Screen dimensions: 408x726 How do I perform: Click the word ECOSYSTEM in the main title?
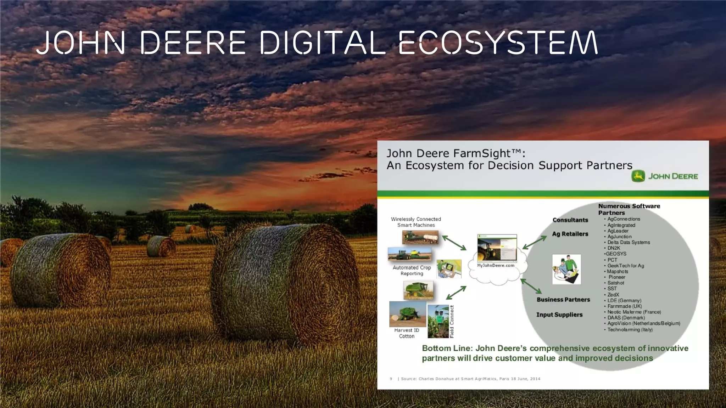[x=498, y=43]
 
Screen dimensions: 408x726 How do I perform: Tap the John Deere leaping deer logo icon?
[x=638, y=176]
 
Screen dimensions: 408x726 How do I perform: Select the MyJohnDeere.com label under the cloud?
[x=495, y=266]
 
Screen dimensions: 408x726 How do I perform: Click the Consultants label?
[x=570, y=220]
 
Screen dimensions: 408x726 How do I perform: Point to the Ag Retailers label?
[x=570, y=234]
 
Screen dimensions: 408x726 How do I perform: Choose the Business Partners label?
[x=563, y=300]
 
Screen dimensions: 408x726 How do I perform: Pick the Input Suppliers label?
[x=559, y=314]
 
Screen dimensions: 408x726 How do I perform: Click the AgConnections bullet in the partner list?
[x=624, y=219]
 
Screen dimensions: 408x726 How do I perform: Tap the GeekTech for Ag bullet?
[x=625, y=266]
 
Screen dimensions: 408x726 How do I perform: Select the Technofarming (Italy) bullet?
[x=630, y=329]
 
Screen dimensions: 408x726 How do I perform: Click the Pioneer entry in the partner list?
[x=617, y=277]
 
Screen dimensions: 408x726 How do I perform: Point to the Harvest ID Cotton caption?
[x=407, y=333]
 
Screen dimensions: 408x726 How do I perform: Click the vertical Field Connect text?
[x=452, y=321]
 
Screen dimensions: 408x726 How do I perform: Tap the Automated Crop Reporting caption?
[x=412, y=271]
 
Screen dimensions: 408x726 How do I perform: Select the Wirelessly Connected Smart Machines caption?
[x=416, y=222]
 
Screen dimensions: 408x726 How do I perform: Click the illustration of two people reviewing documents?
[x=566, y=269]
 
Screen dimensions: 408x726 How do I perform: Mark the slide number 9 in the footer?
[x=391, y=379]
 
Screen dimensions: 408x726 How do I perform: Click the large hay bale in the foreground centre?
[x=284, y=283]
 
